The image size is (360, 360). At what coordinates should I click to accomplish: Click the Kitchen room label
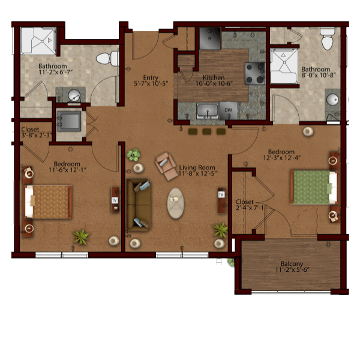214,77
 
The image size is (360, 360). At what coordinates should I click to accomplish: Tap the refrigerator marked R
210,38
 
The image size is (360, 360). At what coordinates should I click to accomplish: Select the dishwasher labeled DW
229,110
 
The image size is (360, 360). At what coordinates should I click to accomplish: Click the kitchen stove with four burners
255,73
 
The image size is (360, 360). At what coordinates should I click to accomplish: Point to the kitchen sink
208,111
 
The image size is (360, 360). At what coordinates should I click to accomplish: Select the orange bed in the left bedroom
48,202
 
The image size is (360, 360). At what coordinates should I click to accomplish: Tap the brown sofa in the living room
139,204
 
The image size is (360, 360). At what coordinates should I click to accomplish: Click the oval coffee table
176,203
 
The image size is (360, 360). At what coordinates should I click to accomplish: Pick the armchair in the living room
166,166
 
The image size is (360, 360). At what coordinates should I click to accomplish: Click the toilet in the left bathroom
107,59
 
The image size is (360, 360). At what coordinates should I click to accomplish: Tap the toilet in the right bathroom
328,39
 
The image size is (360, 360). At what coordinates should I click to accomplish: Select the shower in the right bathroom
284,66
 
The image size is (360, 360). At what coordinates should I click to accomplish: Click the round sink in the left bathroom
74,95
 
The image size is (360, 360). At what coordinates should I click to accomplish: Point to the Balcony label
292,263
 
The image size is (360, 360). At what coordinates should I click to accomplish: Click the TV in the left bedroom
115,200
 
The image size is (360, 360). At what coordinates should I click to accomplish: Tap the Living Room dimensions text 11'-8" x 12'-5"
197,173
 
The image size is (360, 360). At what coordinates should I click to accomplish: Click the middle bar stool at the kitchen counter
207,131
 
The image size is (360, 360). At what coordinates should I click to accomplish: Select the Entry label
151,77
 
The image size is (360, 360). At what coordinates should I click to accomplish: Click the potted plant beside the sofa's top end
133,155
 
